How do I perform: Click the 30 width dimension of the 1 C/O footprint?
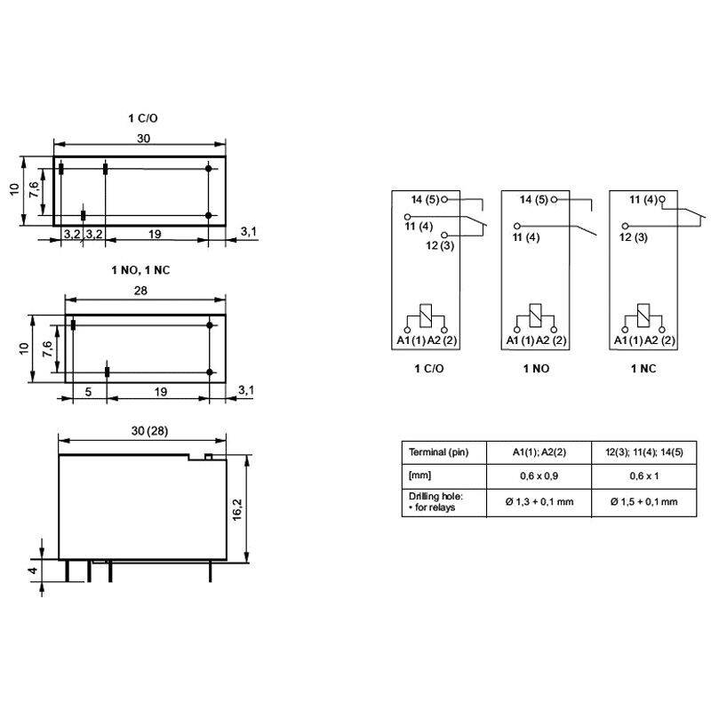[143, 139]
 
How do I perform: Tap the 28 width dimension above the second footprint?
[140, 291]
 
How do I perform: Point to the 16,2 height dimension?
[237, 509]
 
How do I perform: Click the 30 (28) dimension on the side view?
[149, 431]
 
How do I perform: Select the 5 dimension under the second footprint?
[88, 392]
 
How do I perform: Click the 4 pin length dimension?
[33, 570]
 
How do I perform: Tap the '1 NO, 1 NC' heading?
[140, 270]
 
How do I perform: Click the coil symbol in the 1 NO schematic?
[536, 316]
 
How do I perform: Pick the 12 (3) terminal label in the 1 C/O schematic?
[440, 246]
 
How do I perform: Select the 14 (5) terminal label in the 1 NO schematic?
[534, 199]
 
